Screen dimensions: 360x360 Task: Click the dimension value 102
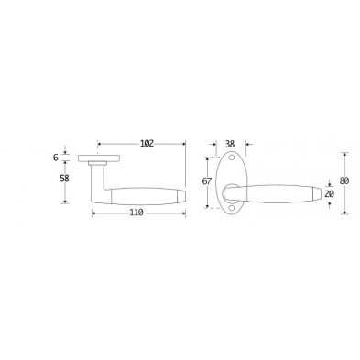(x=147, y=143)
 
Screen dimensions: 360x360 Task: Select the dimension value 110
(x=136, y=213)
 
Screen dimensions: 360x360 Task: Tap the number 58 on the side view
(x=64, y=179)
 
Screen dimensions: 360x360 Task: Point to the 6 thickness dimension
(x=55, y=158)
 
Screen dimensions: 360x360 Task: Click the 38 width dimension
(x=230, y=144)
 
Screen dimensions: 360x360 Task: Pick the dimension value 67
(x=207, y=181)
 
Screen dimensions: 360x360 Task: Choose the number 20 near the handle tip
(x=329, y=194)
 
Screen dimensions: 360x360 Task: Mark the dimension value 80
(x=344, y=180)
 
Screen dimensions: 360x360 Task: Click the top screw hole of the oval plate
(x=232, y=158)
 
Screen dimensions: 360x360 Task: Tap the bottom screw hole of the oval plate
(x=232, y=208)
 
